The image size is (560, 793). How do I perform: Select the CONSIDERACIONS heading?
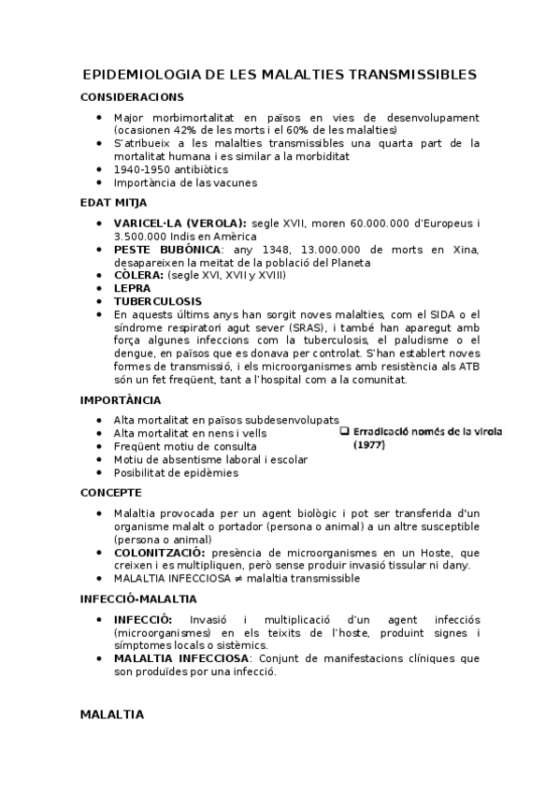point(132,96)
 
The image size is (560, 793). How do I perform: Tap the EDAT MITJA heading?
point(113,202)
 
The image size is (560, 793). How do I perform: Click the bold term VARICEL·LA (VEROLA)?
point(179,223)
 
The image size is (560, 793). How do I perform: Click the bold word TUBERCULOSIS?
point(157,301)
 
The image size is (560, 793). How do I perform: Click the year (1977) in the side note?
point(369,445)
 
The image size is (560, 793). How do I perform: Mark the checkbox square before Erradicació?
point(344,431)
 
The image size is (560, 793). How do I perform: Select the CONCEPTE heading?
point(111,492)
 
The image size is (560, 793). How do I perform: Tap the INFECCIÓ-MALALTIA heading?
point(138,598)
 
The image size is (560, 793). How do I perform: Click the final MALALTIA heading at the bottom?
point(112,714)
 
